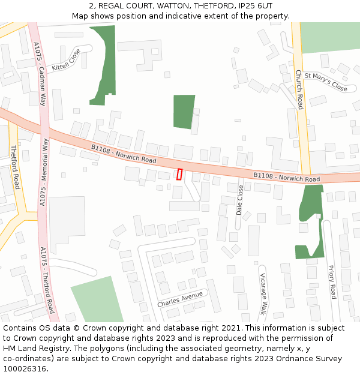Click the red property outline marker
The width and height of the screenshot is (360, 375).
coord(179,174)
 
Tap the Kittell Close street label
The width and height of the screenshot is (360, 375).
coord(66,59)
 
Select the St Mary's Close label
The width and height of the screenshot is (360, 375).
coord(326,82)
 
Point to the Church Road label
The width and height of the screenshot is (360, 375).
coord(299,89)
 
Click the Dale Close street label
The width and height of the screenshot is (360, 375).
coord(240,200)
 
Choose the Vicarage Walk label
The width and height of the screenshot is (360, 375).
coord(262,293)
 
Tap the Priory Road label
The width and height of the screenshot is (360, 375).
coord(332,282)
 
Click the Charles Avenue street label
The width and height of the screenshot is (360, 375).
coord(180,299)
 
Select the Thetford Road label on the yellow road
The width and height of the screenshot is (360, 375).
coord(16,167)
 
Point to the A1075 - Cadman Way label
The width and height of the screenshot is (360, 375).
coord(40,73)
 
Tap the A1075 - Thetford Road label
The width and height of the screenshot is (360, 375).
coord(47,280)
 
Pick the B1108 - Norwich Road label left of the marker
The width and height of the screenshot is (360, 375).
coord(124,154)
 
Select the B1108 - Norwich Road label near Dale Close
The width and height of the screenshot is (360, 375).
coord(286,178)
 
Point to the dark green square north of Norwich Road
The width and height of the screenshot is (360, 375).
coord(184,111)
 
